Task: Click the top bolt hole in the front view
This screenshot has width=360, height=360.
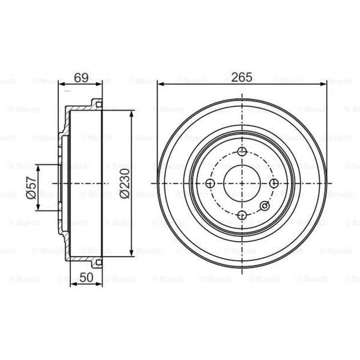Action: (242, 152)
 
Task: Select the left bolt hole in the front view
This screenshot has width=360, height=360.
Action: (210, 183)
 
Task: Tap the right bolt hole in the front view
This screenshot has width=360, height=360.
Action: (274, 183)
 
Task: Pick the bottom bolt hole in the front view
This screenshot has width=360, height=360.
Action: (242, 215)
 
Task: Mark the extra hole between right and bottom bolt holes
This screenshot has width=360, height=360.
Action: (264, 206)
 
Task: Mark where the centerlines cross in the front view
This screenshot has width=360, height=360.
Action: (242, 183)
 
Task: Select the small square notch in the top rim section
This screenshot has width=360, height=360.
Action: (97, 103)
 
